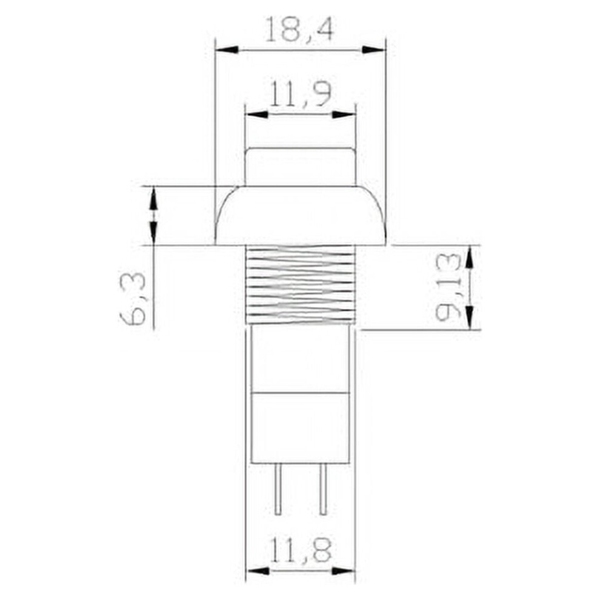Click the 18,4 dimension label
click(x=299, y=28)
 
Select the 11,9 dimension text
click(x=301, y=93)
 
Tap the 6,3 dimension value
click(x=133, y=298)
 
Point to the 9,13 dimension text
click(x=448, y=287)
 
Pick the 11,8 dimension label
click(x=301, y=550)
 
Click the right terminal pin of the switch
click(x=324, y=490)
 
